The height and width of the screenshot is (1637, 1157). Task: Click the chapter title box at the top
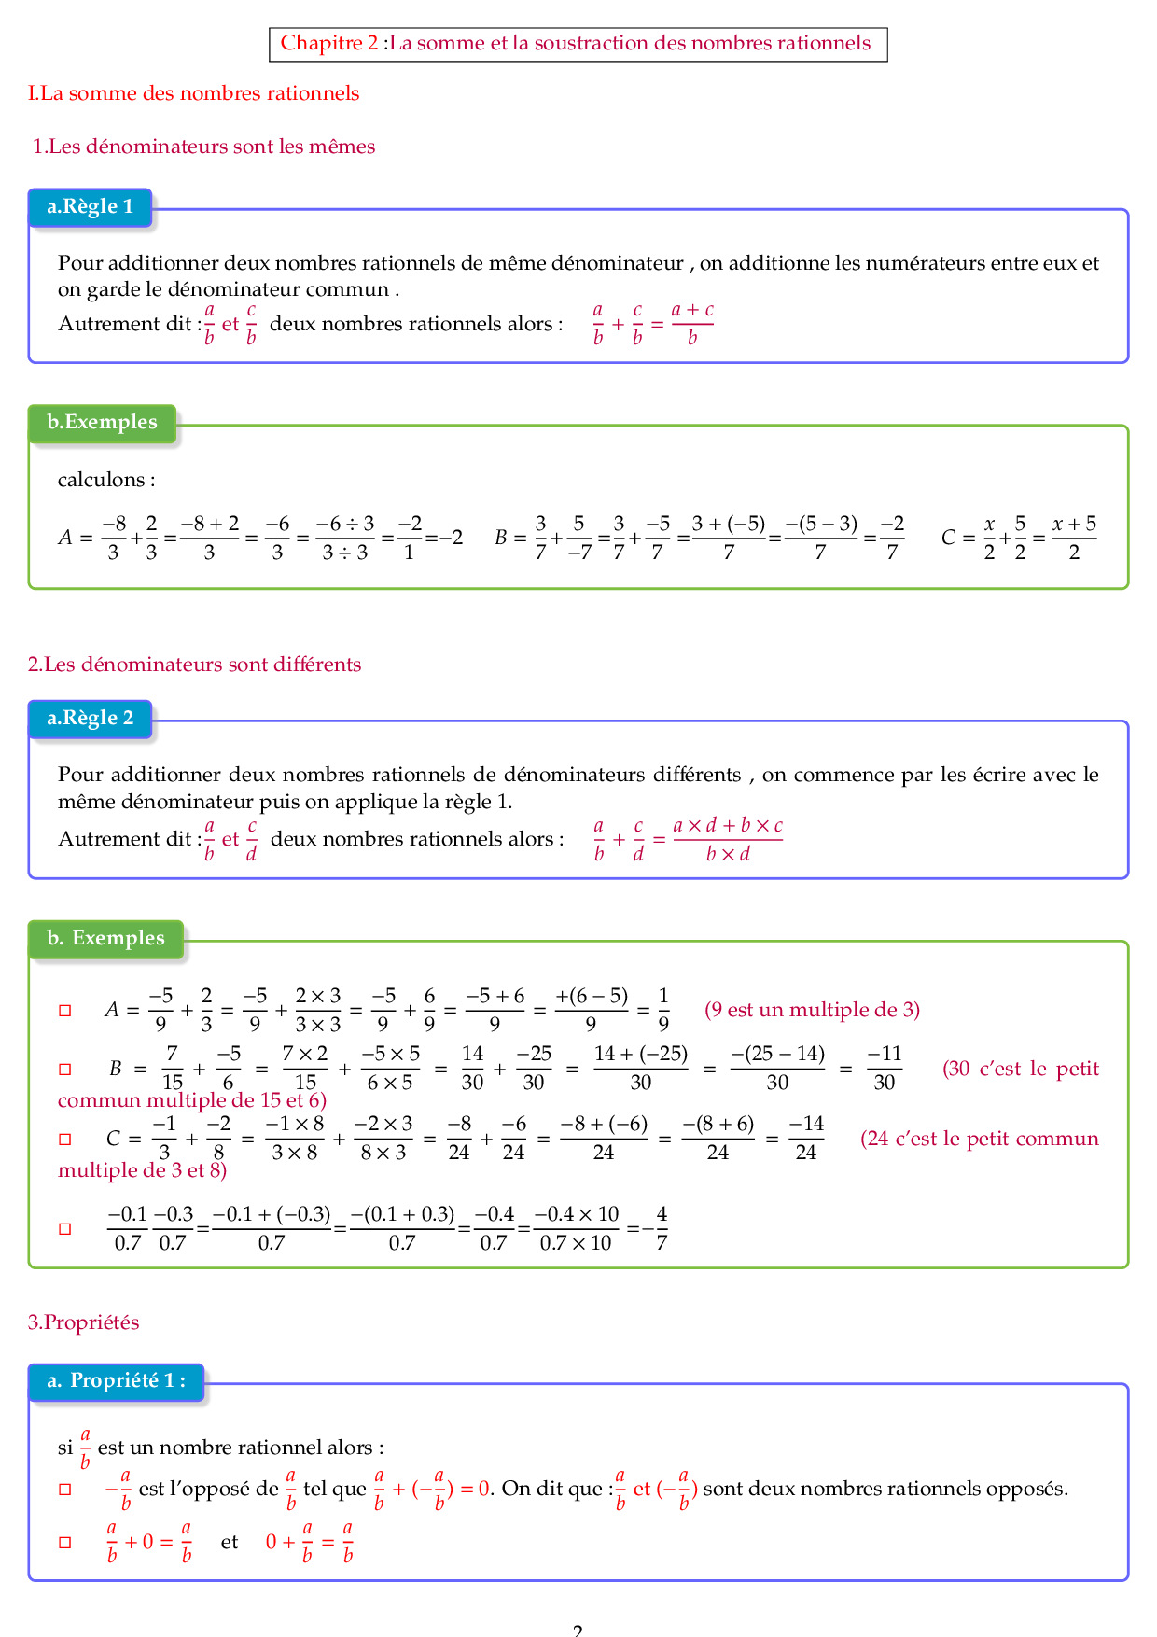click(x=578, y=44)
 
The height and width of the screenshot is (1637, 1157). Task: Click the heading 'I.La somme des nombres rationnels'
click(x=193, y=93)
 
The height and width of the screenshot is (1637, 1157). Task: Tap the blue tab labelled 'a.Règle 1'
click(x=90, y=207)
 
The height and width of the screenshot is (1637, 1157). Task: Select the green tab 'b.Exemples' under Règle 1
click(x=102, y=423)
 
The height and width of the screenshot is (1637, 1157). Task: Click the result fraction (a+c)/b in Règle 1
click(x=692, y=324)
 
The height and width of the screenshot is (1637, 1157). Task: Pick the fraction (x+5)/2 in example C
click(x=1074, y=538)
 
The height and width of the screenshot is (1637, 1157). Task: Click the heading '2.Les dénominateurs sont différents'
click(x=194, y=665)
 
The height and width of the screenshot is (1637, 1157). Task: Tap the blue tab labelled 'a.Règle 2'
click(x=90, y=719)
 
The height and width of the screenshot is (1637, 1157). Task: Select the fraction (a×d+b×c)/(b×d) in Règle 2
click(x=728, y=839)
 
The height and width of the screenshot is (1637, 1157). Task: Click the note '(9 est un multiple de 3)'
click(x=812, y=1010)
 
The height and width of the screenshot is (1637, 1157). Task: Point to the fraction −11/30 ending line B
click(x=884, y=1069)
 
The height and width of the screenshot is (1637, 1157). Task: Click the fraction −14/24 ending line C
click(x=806, y=1139)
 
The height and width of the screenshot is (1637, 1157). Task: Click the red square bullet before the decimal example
click(x=65, y=1229)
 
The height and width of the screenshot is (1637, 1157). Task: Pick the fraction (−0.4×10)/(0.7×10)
click(x=576, y=1228)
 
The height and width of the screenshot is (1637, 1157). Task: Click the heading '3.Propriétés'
click(x=83, y=1322)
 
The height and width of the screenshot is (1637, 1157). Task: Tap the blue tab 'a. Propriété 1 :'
click(x=116, y=1381)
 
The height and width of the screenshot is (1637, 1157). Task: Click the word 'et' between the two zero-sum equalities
click(x=230, y=1542)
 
